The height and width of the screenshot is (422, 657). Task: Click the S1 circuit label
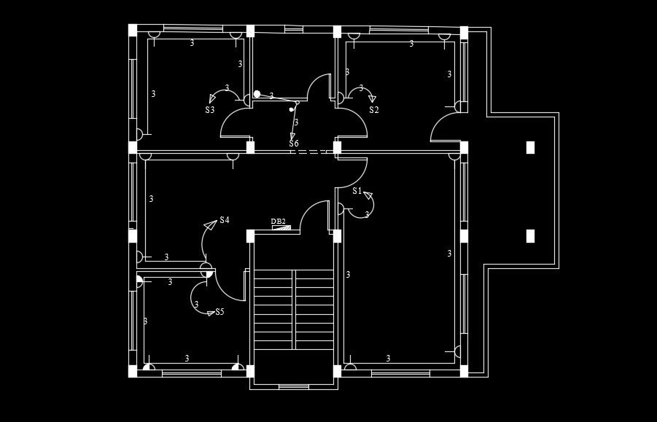click(x=357, y=191)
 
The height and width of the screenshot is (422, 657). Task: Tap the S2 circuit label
click(x=374, y=110)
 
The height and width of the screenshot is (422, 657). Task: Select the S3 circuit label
click(x=210, y=110)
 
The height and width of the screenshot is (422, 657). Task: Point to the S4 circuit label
click(x=225, y=219)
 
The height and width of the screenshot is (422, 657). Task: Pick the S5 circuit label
click(x=219, y=312)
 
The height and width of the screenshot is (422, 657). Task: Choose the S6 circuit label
click(x=294, y=144)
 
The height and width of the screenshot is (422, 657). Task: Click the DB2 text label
click(x=278, y=222)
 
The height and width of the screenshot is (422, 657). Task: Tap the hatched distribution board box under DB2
click(x=281, y=228)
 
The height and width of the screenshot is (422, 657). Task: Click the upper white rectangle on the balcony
click(x=531, y=147)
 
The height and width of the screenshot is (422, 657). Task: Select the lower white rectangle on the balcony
click(x=531, y=235)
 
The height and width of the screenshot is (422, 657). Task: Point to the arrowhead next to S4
click(x=210, y=225)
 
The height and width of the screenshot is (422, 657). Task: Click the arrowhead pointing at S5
click(x=210, y=313)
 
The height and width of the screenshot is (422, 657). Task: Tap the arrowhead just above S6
click(x=292, y=136)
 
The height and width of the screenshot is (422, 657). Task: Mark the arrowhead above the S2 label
click(x=373, y=98)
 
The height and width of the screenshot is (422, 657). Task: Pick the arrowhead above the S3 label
click(x=211, y=98)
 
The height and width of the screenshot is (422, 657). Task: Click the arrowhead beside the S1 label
click(x=368, y=195)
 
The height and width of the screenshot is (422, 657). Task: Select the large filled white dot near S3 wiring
click(x=257, y=94)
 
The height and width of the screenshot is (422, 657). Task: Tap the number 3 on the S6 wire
click(x=296, y=122)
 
